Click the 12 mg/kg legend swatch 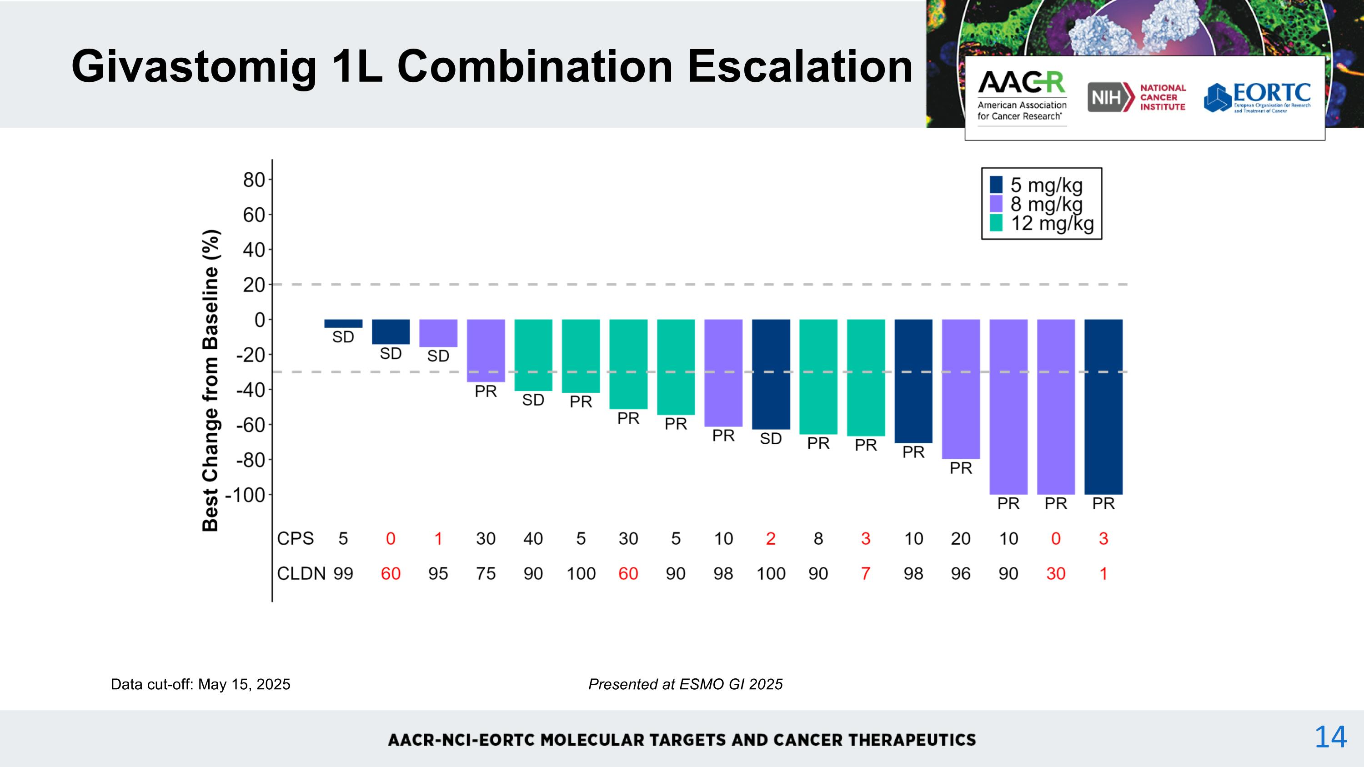[996, 223]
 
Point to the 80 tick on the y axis [254, 180]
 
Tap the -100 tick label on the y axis [245, 496]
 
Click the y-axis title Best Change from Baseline [211, 380]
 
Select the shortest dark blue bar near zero [343, 323]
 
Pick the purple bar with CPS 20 [961, 389]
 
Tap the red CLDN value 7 [865, 573]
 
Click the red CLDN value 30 [1055, 573]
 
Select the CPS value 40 [533, 538]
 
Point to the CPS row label [295, 538]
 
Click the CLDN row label [301, 573]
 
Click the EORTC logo [1257, 97]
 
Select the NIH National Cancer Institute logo [1136, 97]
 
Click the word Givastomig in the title [194, 67]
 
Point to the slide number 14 [1330, 737]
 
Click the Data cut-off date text [200, 684]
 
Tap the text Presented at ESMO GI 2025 [685, 684]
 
